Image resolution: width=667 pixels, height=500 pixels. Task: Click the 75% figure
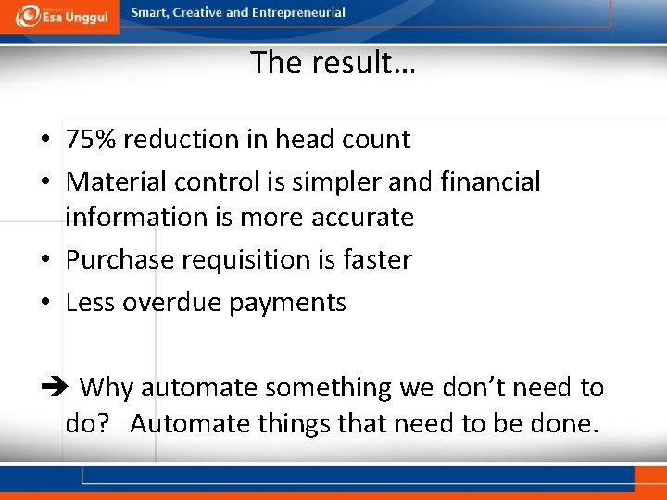coord(91,140)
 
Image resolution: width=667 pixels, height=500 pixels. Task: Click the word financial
coord(490,181)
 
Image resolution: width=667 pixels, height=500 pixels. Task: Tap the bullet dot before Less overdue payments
coord(44,303)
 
